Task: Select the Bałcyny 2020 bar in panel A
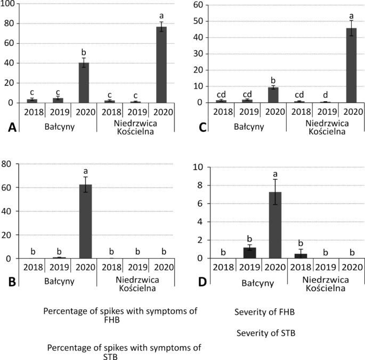(x=84, y=83)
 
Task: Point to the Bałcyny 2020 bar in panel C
(x=274, y=95)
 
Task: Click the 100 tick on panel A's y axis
(x=10, y=5)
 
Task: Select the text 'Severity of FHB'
(x=265, y=311)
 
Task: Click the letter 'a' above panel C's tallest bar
(x=352, y=16)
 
